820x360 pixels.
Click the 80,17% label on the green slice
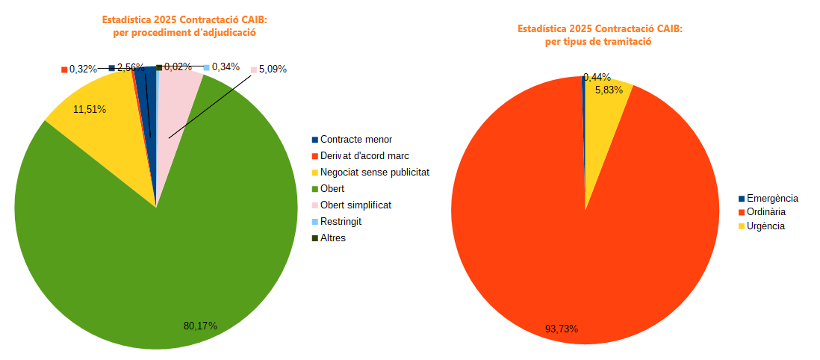[x=200, y=326]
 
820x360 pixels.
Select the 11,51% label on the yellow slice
[x=90, y=109]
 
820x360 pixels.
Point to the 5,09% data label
[x=273, y=69]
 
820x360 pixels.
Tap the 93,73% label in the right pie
[x=562, y=329]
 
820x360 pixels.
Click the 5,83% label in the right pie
[x=609, y=90]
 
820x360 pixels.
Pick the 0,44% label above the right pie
[x=597, y=77]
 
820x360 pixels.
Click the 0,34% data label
[x=226, y=67]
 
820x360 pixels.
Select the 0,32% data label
[x=83, y=69]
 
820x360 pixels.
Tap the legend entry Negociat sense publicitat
[x=374, y=173]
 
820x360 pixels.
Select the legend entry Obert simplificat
[x=355, y=205]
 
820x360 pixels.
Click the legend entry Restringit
[x=341, y=222]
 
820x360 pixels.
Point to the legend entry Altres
[x=333, y=238]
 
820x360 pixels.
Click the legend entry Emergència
[x=772, y=199]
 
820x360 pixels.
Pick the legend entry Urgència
[x=765, y=226]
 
